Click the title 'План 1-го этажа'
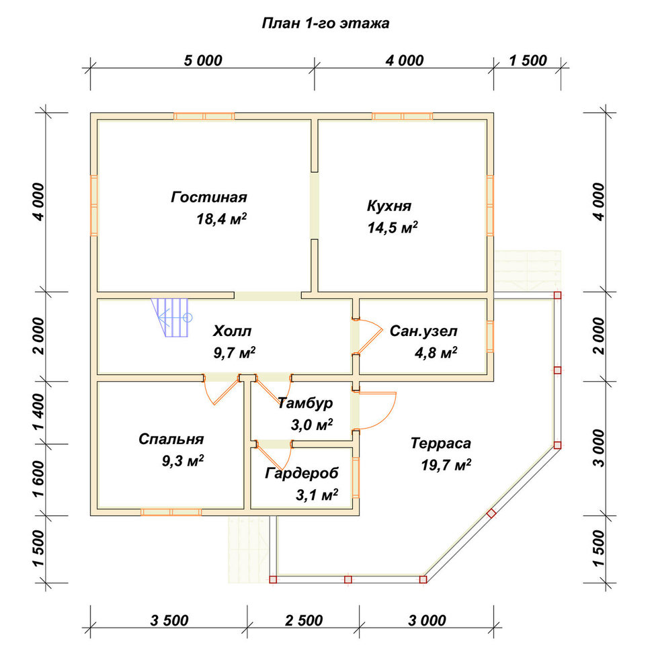pyautogui.click(x=325, y=23)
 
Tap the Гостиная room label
pyautogui.click(x=209, y=197)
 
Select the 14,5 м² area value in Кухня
pyautogui.click(x=393, y=228)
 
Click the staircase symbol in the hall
pyautogui.click(x=171, y=318)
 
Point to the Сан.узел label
pyautogui.click(x=423, y=331)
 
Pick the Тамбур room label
pyautogui.click(x=305, y=403)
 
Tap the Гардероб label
pyautogui.click(x=302, y=473)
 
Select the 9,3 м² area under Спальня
pyautogui.click(x=183, y=461)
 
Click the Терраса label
pyautogui.click(x=441, y=443)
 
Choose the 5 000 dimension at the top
pyautogui.click(x=203, y=60)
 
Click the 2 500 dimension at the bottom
pyautogui.click(x=304, y=620)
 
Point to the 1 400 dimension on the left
pyautogui.click(x=38, y=412)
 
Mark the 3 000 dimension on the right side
pyautogui.click(x=599, y=448)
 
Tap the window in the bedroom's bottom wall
pyautogui.click(x=171, y=512)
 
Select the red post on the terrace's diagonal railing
pyautogui.click(x=491, y=513)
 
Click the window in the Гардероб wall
pyautogui.click(x=356, y=477)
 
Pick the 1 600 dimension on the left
pyautogui.click(x=38, y=479)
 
